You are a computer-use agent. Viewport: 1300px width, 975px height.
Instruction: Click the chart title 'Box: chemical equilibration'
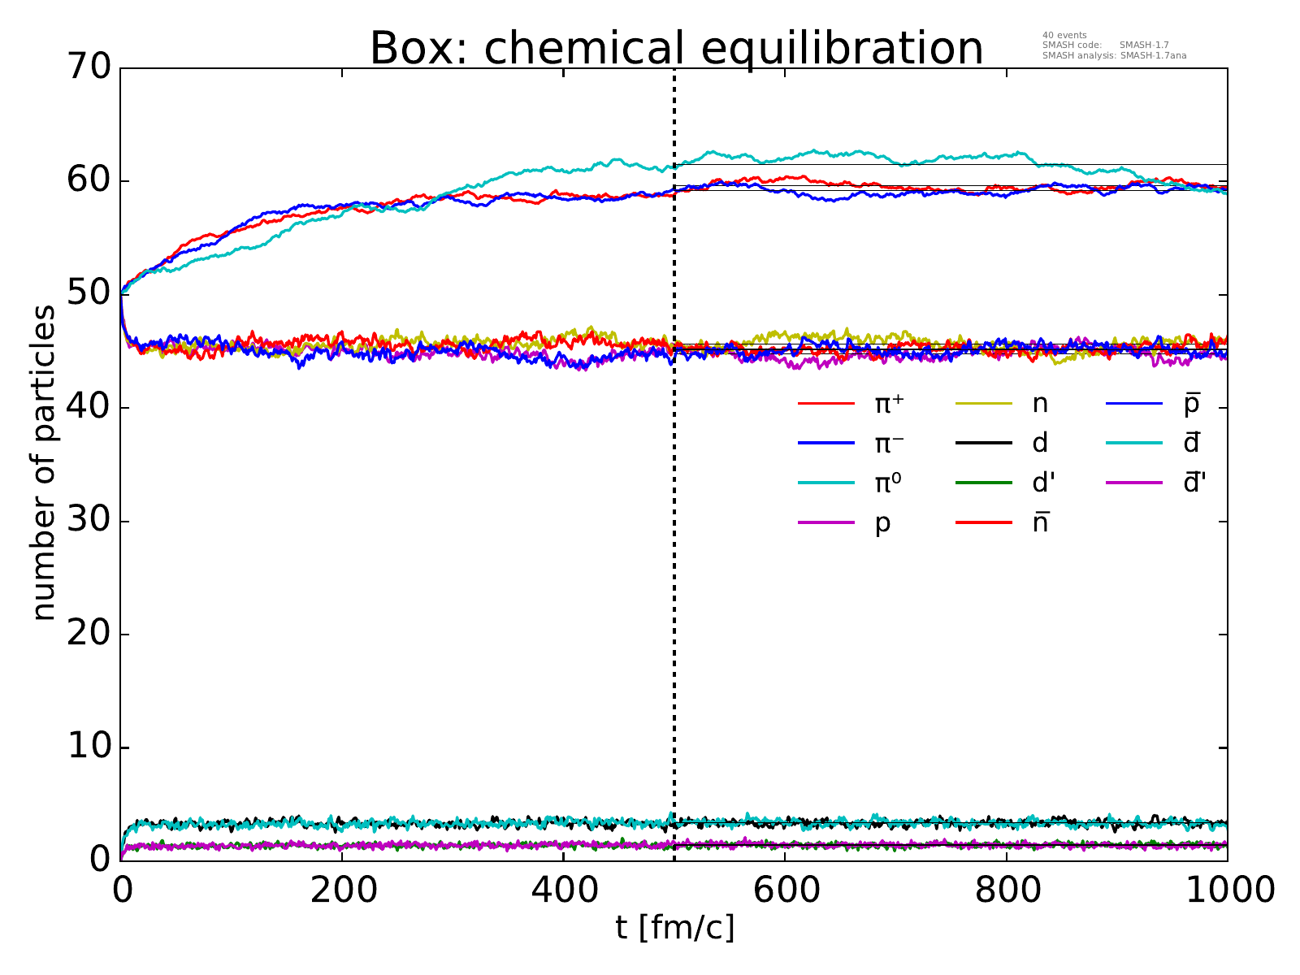click(676, 48)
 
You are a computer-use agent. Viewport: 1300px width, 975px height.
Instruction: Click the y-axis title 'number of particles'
click(45, 463)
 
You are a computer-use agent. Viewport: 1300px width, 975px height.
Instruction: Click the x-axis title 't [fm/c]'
click(674, 927)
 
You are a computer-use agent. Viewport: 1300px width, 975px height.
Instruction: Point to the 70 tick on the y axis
click(89, 68)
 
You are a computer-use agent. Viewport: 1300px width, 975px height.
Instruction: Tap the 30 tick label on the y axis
click(89, 521)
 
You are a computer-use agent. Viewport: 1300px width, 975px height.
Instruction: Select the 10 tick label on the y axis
click(89, 747)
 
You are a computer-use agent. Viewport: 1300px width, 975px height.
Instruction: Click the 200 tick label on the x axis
click(342, 891)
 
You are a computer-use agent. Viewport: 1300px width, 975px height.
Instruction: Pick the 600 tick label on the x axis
click(785, 891)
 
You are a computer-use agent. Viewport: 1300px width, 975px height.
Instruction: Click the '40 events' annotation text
click(1064, 35)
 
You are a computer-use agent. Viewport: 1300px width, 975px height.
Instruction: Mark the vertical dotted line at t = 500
click(674, 569)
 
